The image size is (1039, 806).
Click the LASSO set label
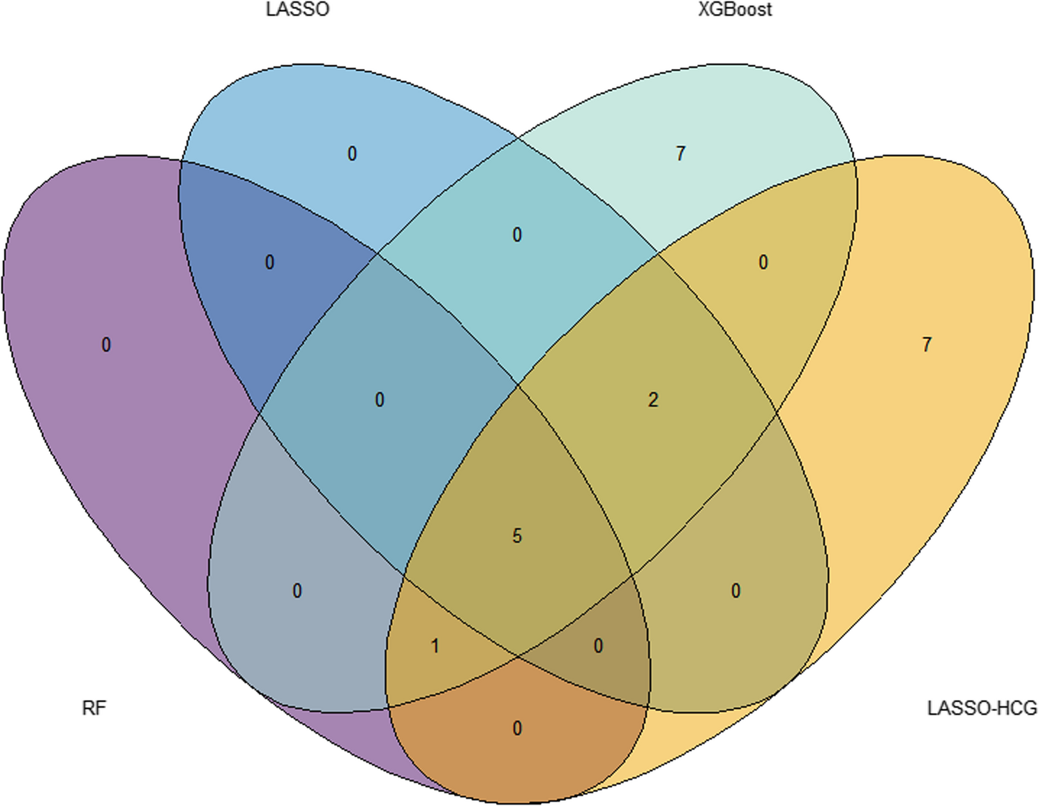[x=297, y=10]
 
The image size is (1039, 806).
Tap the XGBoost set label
[x=735, y=10]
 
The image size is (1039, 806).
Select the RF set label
[x=94, y=708]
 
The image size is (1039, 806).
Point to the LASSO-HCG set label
[x=982, y=708]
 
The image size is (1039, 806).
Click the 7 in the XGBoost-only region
[x=681, y=154]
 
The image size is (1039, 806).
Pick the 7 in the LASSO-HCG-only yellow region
[x=927, y=345]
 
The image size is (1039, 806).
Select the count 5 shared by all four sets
[x=517, y=536]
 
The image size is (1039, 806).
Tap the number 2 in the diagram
[x=653, y=400]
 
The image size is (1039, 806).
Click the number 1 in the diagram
[x=435, y=646]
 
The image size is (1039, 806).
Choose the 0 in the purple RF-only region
[x=106, y=345]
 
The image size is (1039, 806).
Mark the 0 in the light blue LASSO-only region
[x=352, y=154]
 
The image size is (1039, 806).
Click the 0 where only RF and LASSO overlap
[x=270, y=263]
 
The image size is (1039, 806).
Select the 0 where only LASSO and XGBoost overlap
[x=517, y=235]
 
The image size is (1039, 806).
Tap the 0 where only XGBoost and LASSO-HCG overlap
[x=763, y=263]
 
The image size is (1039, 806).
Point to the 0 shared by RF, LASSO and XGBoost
[x=380, y=400]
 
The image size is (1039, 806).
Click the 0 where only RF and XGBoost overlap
[x=297, y=592]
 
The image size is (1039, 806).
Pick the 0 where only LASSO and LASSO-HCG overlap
[x=735, y=592]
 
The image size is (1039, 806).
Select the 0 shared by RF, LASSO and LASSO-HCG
[x=598, y=646]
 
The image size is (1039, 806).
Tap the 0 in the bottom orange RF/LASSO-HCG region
[x=517, y=729]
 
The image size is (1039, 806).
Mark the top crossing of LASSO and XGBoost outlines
[x=518, y=140]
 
